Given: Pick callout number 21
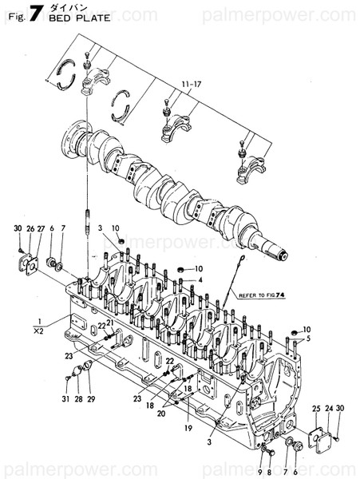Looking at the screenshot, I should (x=110, y=323).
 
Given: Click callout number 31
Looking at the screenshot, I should (x=67, y=398).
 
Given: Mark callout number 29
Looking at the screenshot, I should (x=90, y=398).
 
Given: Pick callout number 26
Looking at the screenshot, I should (x=31, y=229).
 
